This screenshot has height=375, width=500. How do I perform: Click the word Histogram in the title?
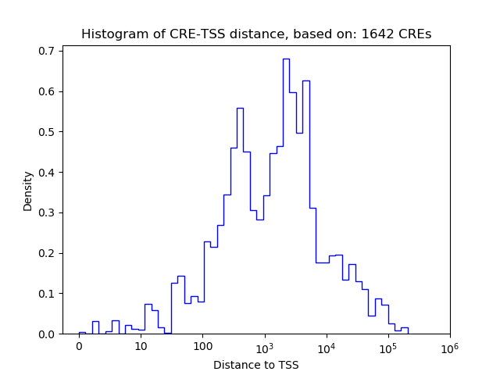111,34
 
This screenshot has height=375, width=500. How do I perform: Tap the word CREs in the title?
414,34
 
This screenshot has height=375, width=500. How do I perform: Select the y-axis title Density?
28,191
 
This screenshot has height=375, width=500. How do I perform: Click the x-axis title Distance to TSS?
256,365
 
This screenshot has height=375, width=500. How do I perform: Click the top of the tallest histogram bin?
286,59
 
